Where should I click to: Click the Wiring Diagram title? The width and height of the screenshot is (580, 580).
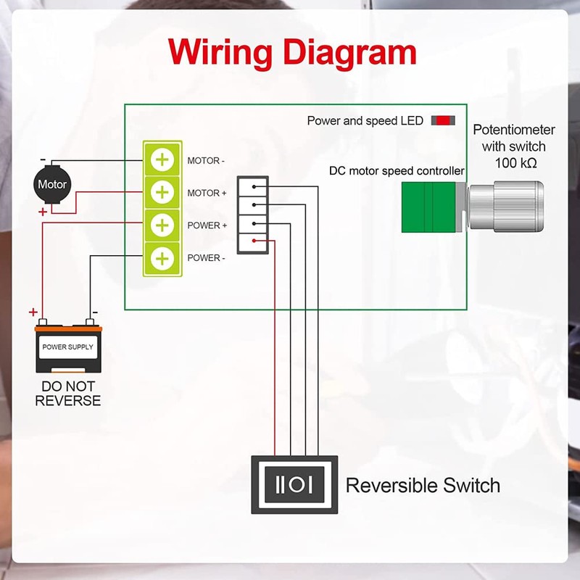292,52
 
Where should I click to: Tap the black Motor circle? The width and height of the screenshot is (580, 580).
52,185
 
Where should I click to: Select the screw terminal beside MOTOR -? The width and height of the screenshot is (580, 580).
163,160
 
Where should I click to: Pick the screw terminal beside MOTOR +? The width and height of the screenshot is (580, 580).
163,193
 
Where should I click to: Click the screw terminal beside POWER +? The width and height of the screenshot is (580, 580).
163,225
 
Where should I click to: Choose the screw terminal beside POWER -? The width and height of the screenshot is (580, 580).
163,258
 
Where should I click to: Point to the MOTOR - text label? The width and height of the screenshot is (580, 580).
207,160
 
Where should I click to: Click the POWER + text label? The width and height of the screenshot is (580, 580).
207,225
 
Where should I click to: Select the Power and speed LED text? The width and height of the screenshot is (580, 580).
365,121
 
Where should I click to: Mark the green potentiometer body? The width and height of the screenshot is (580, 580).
429,207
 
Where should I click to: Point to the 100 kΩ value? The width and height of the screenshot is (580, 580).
516,163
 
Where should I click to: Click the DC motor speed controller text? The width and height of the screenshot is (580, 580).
397,171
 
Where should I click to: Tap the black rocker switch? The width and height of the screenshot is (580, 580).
294,484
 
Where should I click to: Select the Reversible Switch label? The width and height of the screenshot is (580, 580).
423,485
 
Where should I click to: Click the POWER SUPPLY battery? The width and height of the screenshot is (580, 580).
68,349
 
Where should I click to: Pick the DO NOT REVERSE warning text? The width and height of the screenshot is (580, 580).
68,394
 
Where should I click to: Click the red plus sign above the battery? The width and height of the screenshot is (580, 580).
33,312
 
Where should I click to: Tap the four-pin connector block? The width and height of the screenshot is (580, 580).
253,215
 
